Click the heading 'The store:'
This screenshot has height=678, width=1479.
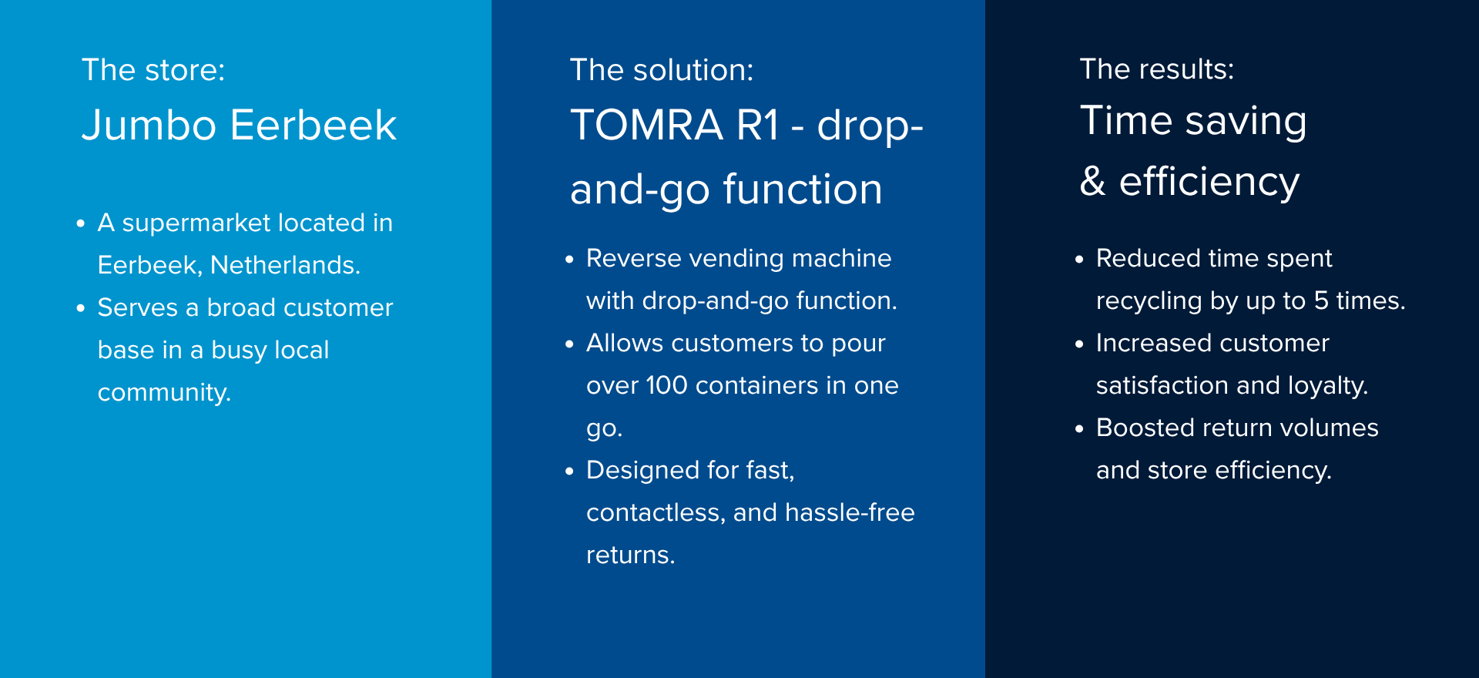(153, 70)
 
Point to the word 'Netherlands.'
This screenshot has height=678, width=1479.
(285, 265)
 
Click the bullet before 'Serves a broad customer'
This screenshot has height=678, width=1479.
(80, 309)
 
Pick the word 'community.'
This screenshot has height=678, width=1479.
(164, 393)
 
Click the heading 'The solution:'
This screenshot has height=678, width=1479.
(662, 70)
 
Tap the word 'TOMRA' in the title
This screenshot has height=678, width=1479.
(647, 125)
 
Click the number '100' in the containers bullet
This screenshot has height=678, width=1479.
(666, 385)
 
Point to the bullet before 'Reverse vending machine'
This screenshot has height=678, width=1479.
(569, 260)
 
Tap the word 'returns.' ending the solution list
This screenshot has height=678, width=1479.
(630, 555)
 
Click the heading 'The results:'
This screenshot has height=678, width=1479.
(1157, 69)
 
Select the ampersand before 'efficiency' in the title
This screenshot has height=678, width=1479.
(1093, 181)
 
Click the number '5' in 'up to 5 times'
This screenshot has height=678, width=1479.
(1321, 300)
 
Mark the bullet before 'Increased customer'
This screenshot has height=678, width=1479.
(1079, 344)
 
